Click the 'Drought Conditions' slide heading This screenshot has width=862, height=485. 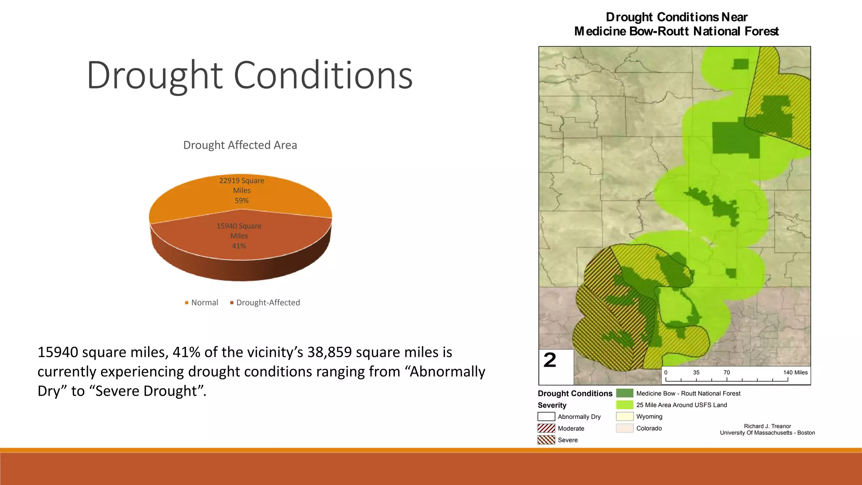[x=249, y=75]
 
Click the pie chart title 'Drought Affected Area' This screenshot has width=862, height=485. [x=240, y=145]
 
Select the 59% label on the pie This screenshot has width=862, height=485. [x=242, y=201]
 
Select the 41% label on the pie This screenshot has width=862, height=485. [x=239, y=246]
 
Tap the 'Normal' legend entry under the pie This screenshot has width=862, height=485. [x=204, y=303]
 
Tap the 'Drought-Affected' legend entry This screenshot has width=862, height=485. [x=268, y=303]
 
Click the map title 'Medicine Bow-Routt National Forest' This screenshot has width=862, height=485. [x=676, y=32]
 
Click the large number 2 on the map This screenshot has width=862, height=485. [x=550, y=360]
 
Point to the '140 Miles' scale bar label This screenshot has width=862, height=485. [x=795, y=373]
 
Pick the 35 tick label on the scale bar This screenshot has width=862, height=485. [x=696, y=373]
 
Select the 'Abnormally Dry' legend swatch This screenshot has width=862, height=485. [x=546, y=417]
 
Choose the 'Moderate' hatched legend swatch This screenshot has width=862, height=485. [x=546, y=429]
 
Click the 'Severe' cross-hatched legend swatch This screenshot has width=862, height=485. [x=546, y=440]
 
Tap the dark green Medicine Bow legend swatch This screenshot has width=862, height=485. [x=625, y=393]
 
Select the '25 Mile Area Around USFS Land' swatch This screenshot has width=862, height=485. [x=625, y=405]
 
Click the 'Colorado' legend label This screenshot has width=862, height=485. [x=649, y=429]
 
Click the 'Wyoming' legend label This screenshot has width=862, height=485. [x=649, y=417]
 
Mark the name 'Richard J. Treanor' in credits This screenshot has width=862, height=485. [x=767, y=426]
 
